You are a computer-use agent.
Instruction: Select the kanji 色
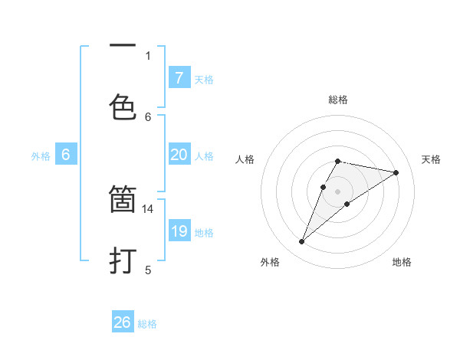tap(123, 106)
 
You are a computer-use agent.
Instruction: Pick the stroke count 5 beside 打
tap(148, 269)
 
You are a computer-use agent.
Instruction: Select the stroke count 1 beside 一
tap(148, 55)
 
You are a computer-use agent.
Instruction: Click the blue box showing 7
tap(179, 78)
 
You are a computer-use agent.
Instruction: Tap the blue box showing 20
tap(179, 155)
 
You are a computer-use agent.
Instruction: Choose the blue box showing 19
tap(179, 231)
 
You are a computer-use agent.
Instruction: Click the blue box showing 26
tap(123, 322)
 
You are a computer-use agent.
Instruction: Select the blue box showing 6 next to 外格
tap(66, 155)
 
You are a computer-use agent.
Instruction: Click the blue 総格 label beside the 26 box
tap(147, 324)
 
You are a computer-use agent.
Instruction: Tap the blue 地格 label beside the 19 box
tap(204, 233)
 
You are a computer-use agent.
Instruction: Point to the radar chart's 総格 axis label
tap(338, 100)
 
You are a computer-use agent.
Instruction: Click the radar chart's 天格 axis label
tap(432, 159)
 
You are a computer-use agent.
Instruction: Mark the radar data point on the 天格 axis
tap(396, 172)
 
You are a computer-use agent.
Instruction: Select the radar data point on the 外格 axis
tap(302, 242)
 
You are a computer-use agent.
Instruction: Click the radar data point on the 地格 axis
tap(347, 204)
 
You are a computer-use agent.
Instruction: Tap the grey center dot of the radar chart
tap(338, 191)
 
